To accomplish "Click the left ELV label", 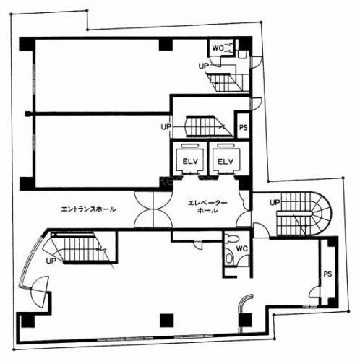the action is pyautogui.click(x=190, y=161).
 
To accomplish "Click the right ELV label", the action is pyautogui.click(x=226, y=161).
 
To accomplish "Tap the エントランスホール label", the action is pyautogui.click(x=88, y=209).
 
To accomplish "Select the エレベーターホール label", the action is pyautogui.click(x=207, y=206).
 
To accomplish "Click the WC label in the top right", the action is pyautogui.click(x=218, y=48).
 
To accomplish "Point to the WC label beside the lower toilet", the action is pyautogui.click(x=241, y=248).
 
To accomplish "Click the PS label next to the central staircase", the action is pyautogui.click(x=244, y=127).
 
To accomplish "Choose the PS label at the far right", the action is pyautogui.click(x=327, y=274).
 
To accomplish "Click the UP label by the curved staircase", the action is pyautogui.click(x=275, y=203).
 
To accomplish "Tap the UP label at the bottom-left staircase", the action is pyautogui.click(x=51, y=261).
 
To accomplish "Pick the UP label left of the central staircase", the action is pyautogui.click(x=166, y=126).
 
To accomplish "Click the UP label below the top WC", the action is pyautogui.click(x=203, y=66).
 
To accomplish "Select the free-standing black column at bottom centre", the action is pyautogui.click(x=166, y=321).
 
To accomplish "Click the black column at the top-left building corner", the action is pyautogui.click(x=27, y=44).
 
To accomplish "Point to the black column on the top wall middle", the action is pyautogui.click(x=166, y=45).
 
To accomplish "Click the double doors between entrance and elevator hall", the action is pyautogui.click(x=153, y=209).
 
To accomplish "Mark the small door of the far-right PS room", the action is pyautogui.click(x=314, y=292).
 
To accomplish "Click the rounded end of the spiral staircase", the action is pyautogui.click(x=324, y=213).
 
